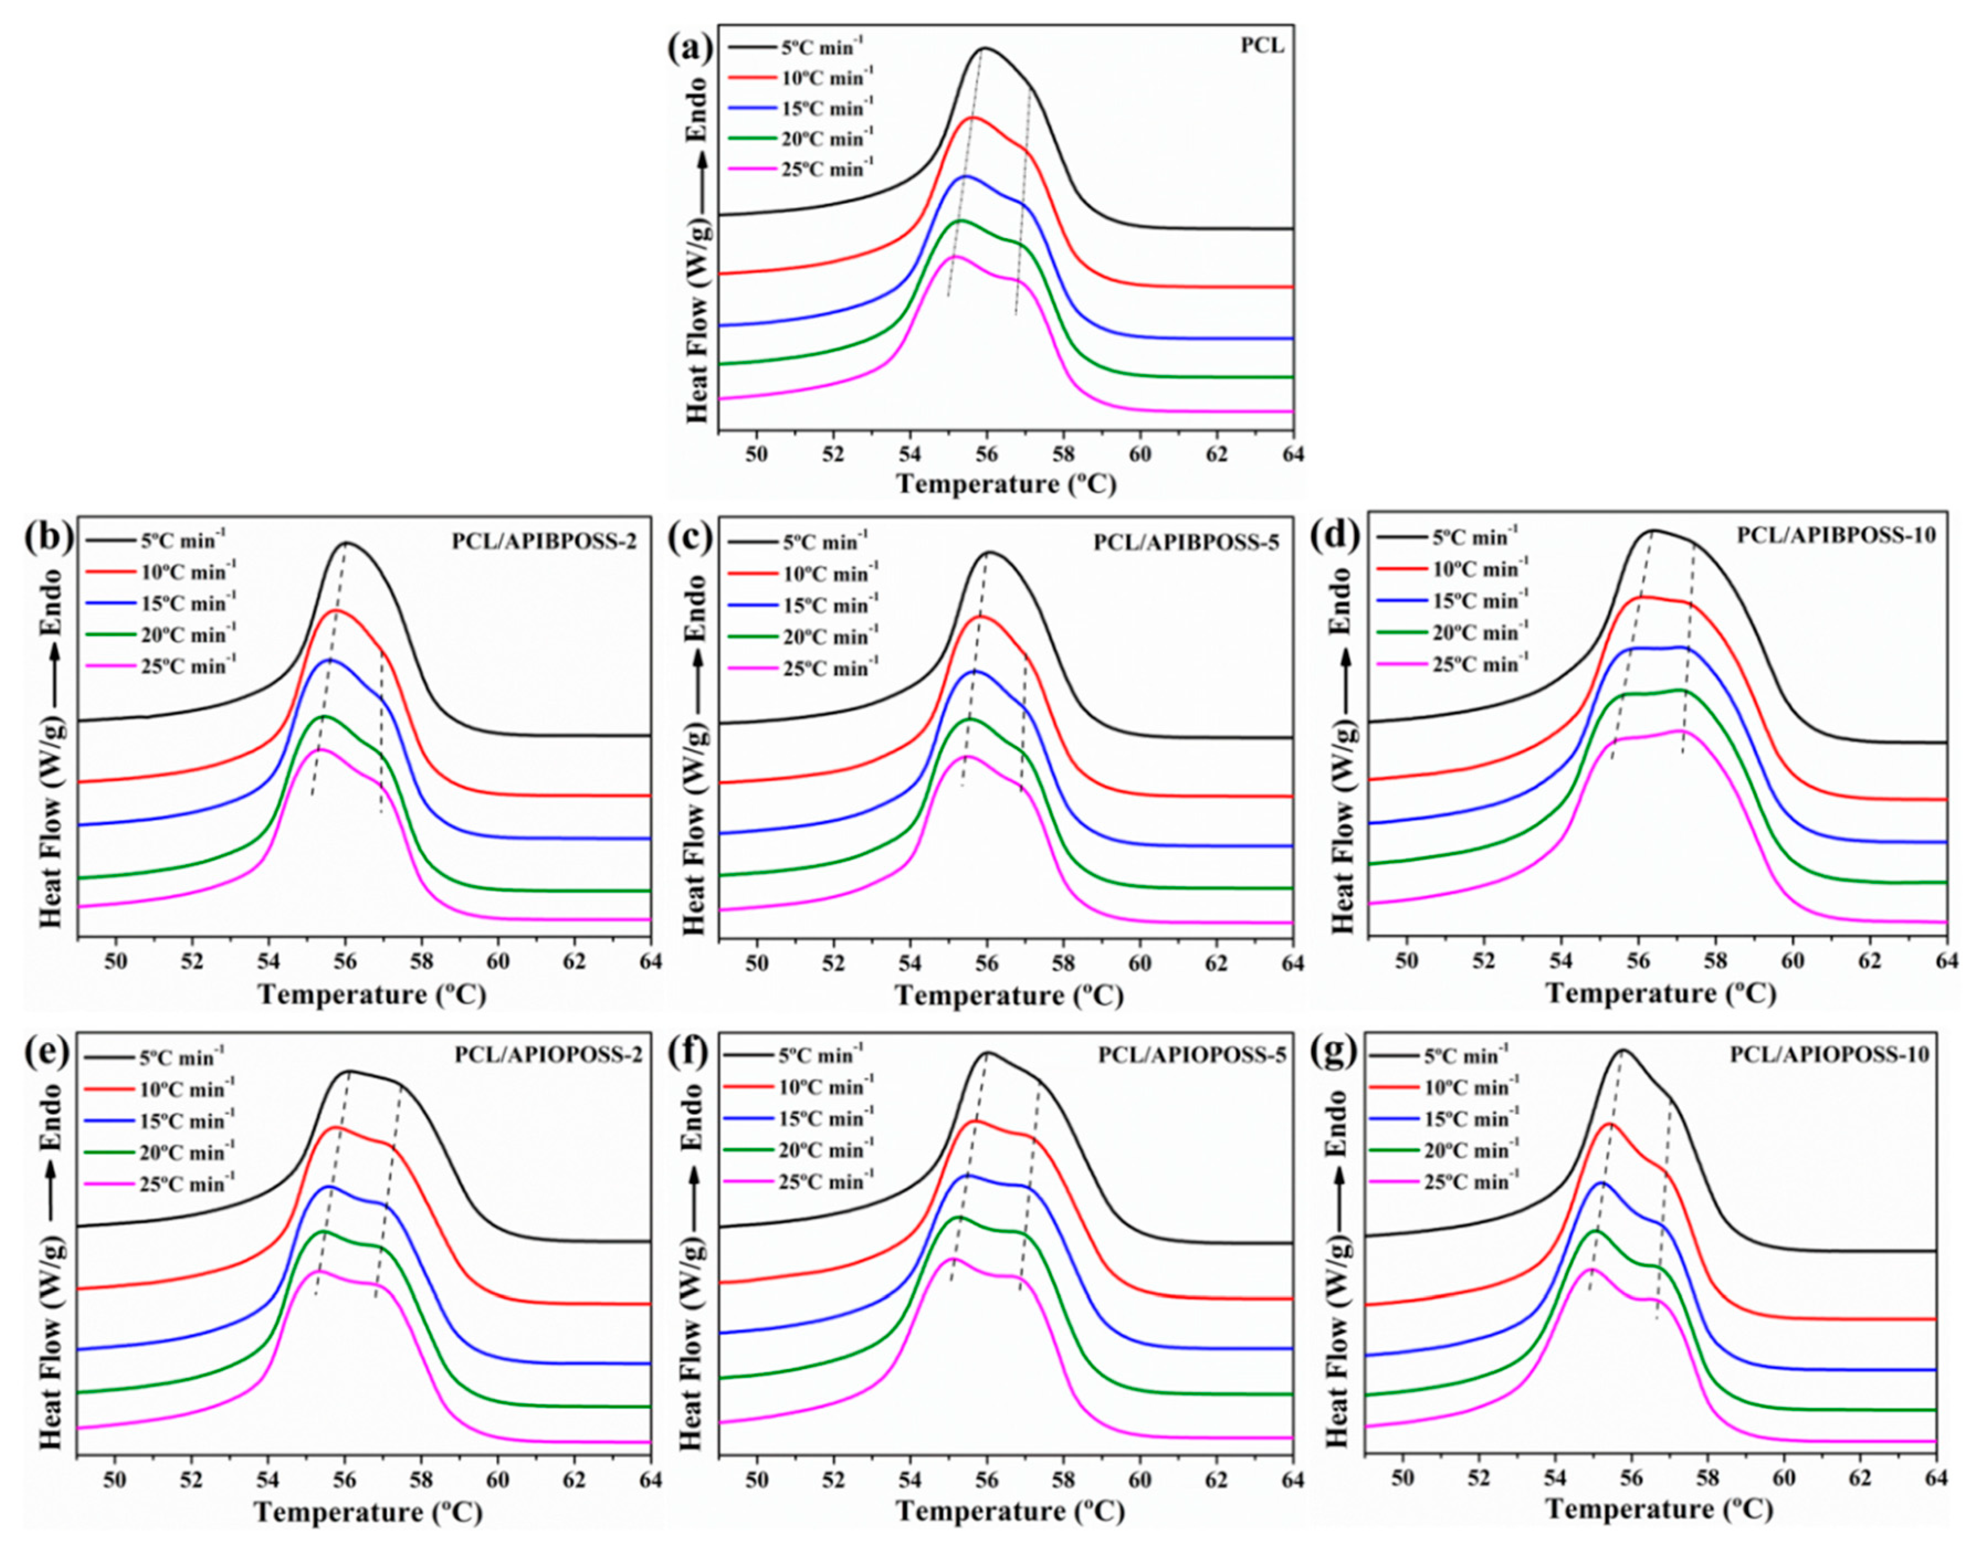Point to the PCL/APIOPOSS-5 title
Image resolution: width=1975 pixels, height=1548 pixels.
1192,1056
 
